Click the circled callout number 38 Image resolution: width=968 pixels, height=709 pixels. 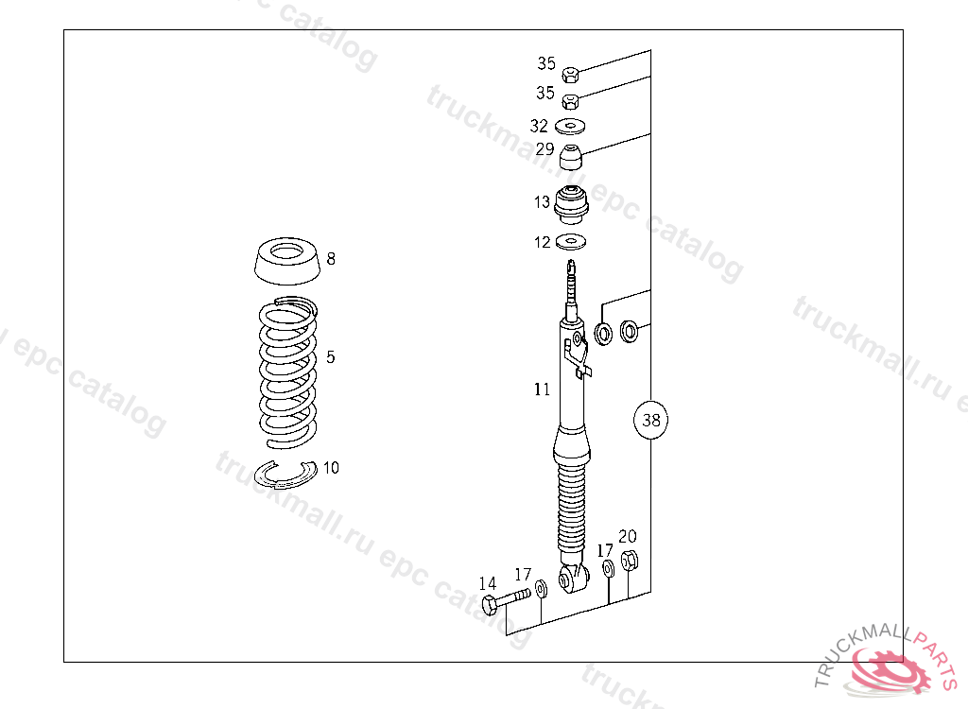650,420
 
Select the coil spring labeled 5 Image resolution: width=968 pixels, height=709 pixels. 287,373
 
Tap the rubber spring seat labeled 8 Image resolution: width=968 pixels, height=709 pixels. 287,261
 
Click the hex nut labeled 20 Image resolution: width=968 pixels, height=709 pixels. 629,561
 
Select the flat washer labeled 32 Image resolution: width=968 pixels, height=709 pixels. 570,126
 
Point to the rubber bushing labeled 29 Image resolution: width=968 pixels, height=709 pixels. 571,157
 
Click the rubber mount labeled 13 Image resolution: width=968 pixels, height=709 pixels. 571,205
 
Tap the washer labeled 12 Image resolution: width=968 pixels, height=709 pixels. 571,241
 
